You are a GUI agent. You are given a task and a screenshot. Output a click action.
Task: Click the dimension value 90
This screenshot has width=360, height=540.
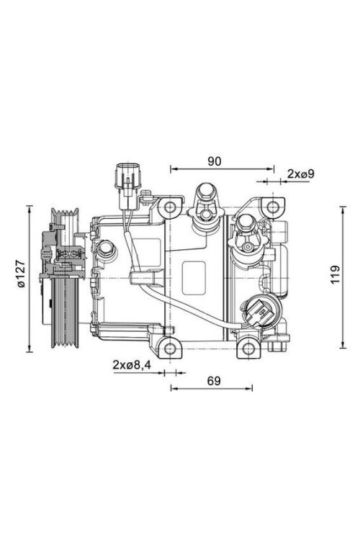[215, 161]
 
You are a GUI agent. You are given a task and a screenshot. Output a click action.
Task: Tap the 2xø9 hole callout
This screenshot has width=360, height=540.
[301, 174]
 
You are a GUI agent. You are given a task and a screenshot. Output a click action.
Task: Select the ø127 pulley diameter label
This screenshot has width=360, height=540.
[21, 274]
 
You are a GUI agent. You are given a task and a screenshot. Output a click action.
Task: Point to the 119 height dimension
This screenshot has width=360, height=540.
[335, 274]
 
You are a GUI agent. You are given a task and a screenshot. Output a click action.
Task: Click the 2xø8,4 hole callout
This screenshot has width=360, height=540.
[132, 365]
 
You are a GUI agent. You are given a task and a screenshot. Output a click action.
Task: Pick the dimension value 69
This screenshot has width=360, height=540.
[214, 381]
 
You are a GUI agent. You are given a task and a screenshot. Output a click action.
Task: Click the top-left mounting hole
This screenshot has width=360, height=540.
[170, 207]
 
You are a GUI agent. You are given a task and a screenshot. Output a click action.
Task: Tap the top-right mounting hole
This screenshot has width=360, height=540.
[273, 207]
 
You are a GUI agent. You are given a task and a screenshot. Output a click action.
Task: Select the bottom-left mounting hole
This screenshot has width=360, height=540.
[170, 349]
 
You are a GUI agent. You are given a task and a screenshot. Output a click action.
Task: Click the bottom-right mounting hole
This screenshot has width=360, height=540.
[248, 349]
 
